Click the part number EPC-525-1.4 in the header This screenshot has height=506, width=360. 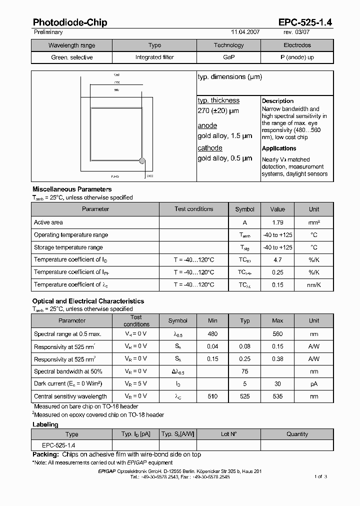point(305,22)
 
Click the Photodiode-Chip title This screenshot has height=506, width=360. point(70,22)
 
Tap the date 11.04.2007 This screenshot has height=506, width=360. point(245,32)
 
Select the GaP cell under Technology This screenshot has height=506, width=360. point(229,57)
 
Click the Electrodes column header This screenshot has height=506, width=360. point(297,45)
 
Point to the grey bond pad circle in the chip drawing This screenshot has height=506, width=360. point(142,161)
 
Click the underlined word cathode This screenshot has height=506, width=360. point(210,148)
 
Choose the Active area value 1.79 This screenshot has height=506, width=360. point(277,222)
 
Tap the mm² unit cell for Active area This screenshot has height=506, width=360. point(314,222)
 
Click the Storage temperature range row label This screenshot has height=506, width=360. point(68,247)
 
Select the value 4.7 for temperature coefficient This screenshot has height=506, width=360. point(277,260)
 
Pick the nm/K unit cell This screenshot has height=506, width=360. point(314,285)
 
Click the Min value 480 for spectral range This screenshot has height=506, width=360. point(212,334)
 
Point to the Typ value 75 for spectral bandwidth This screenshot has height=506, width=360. point(245,371)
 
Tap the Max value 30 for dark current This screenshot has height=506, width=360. point(277,384)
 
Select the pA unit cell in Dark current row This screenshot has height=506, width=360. point(314,384)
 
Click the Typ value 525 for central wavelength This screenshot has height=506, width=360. point(245,396)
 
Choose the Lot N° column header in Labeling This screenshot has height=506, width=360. point(229,434)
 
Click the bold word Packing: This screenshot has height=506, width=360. point(46,454)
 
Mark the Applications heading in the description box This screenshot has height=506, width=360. point(279,148)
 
